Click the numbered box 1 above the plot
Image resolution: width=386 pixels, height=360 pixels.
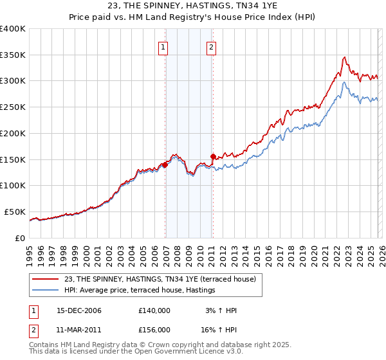click(163, 46)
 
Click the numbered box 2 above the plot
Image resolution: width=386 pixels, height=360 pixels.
click(211, 46)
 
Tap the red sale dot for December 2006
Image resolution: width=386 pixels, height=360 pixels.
click(165, 165)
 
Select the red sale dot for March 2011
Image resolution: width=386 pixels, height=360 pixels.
click(213, 156)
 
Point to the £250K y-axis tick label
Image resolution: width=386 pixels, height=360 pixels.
click(13, 107)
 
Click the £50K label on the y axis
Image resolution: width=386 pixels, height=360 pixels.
click(15, 212)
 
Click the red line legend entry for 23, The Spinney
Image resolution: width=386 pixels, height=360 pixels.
click(160, 279)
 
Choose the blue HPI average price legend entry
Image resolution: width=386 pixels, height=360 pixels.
click(140, 291)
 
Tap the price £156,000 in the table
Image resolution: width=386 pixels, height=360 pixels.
click(154, 329)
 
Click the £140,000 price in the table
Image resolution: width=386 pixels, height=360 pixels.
click(154, 310)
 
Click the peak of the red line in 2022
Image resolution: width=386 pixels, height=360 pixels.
click(344, 57)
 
